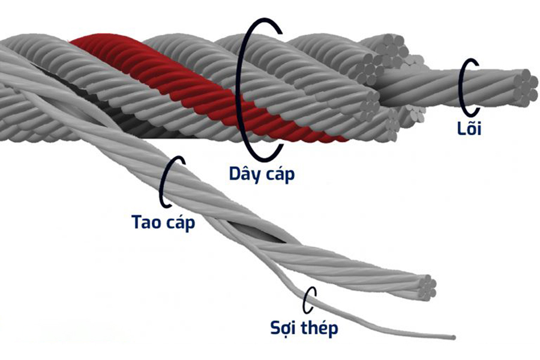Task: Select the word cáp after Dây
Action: tap(280, 175)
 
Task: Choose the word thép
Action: tap(321, 329)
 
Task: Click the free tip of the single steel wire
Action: tap(452, 337)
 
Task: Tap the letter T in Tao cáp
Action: tap(137, 221)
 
